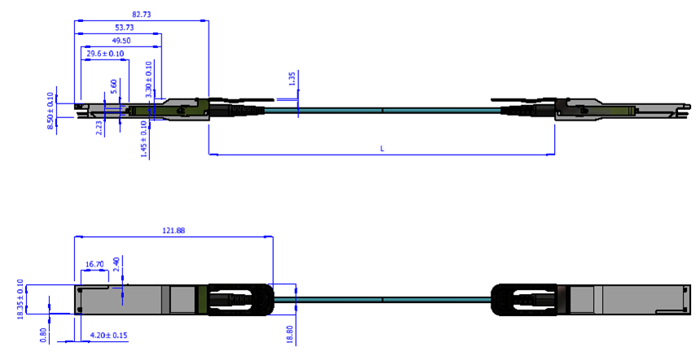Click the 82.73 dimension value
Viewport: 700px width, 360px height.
tap(142, 15)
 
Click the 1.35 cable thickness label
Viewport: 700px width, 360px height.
tap(292, 79)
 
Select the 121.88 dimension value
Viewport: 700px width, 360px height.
tap(174, 231)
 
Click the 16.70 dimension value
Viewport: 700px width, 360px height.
tap(95, 265)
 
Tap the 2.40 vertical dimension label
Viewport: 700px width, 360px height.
tap(117, 264)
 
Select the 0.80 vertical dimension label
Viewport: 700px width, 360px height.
tap(44, 334)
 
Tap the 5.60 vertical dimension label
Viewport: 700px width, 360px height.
tap(113, 86)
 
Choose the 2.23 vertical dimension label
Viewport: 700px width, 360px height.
tap(99, 127)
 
